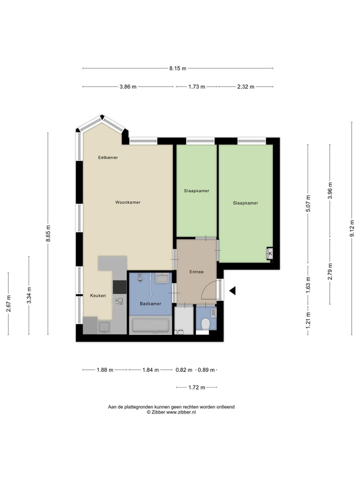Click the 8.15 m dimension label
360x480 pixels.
coord(177,68)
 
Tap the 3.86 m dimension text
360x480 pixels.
coord(128,86)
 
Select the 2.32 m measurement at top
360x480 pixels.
coord(245,86)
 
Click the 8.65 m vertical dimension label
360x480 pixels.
coord(48,233)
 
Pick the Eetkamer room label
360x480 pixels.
coord(108,157)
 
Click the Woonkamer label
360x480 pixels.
coord(127,202)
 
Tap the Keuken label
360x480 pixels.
coord(98,295)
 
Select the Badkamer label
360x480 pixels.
coord(150,303)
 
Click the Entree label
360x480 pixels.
coord(196,272)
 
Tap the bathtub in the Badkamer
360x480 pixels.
coord(150,326)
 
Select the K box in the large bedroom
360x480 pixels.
coord(270,254)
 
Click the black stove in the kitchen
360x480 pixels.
coord(120,286)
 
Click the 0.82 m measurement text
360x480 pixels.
coord(183,370)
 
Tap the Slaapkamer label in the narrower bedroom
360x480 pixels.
coord(196,190)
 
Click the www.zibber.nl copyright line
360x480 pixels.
coord(171,412)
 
